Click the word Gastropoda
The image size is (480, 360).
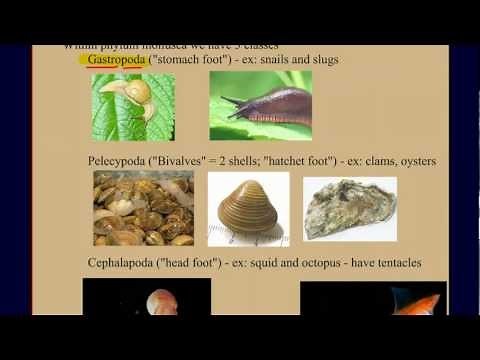(117, 60)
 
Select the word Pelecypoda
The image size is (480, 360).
(118, 160)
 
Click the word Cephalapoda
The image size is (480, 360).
(122, 263)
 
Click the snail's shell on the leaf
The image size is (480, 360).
(137, 92)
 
